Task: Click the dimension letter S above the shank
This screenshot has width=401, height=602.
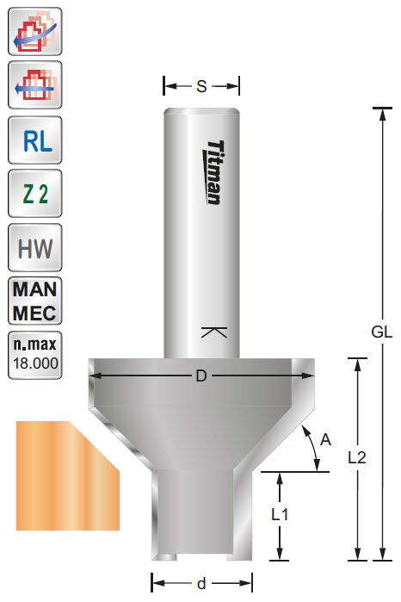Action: point(201,86)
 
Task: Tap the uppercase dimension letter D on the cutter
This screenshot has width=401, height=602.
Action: point(201,376)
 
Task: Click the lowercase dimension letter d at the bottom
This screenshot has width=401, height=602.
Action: point(201,584)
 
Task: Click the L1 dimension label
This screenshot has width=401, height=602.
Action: point(279,515)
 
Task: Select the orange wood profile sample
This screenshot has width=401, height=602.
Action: point(65,474)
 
